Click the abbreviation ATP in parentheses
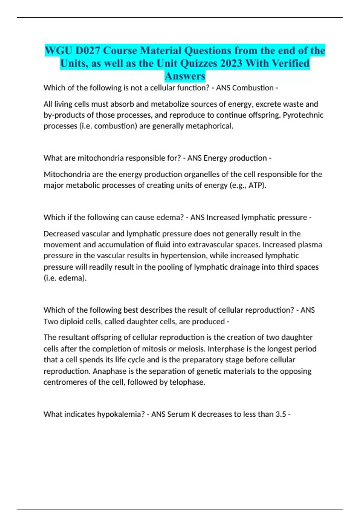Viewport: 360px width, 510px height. coord(256,185)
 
